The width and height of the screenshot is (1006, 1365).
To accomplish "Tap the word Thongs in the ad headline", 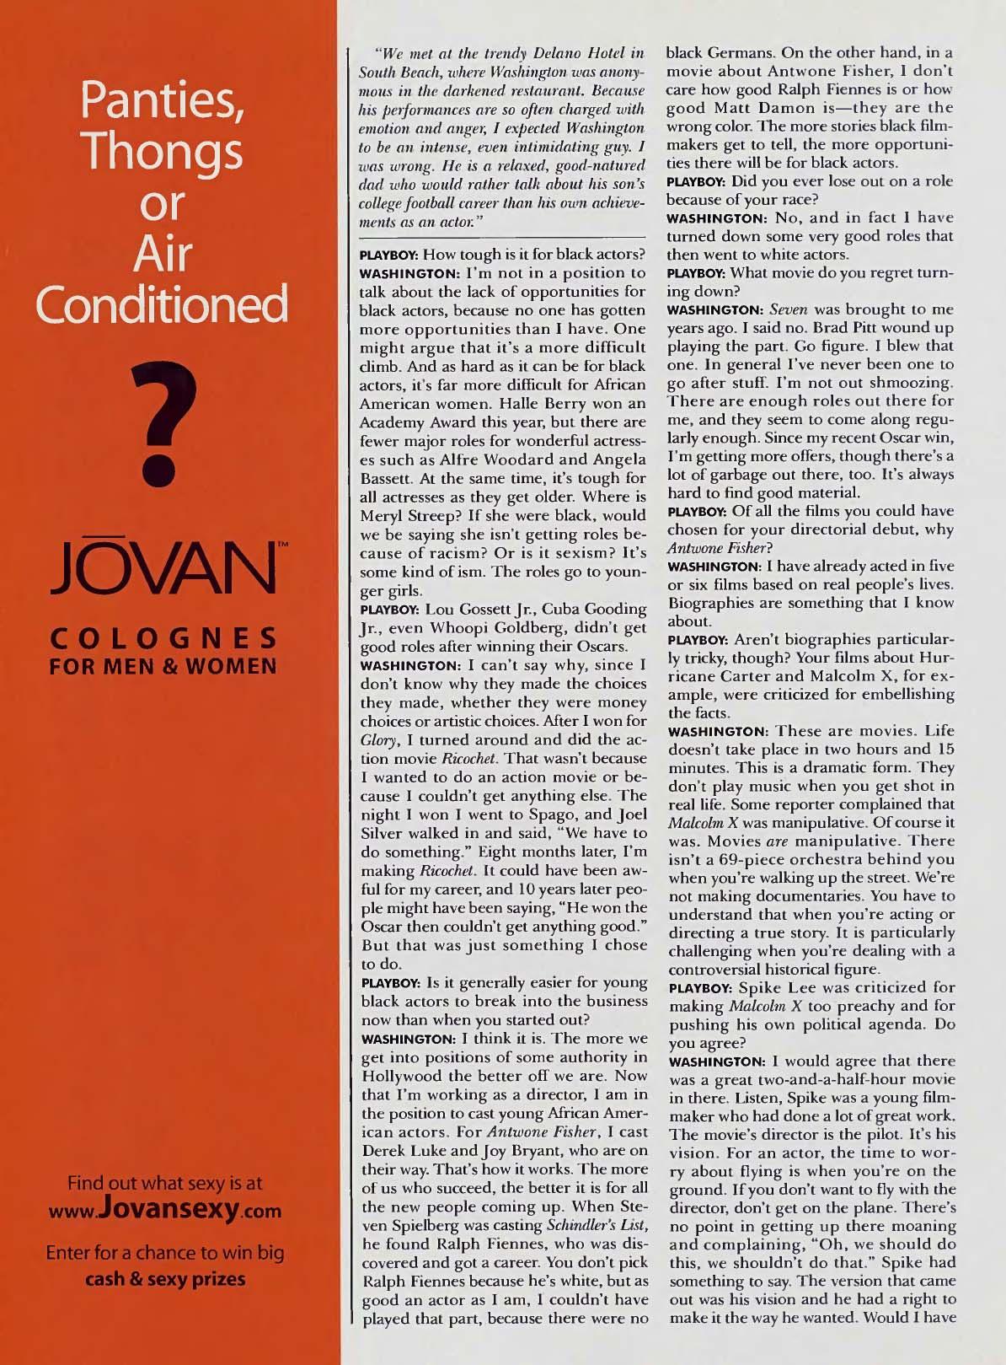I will pyautogui.click(x=163, y=152).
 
